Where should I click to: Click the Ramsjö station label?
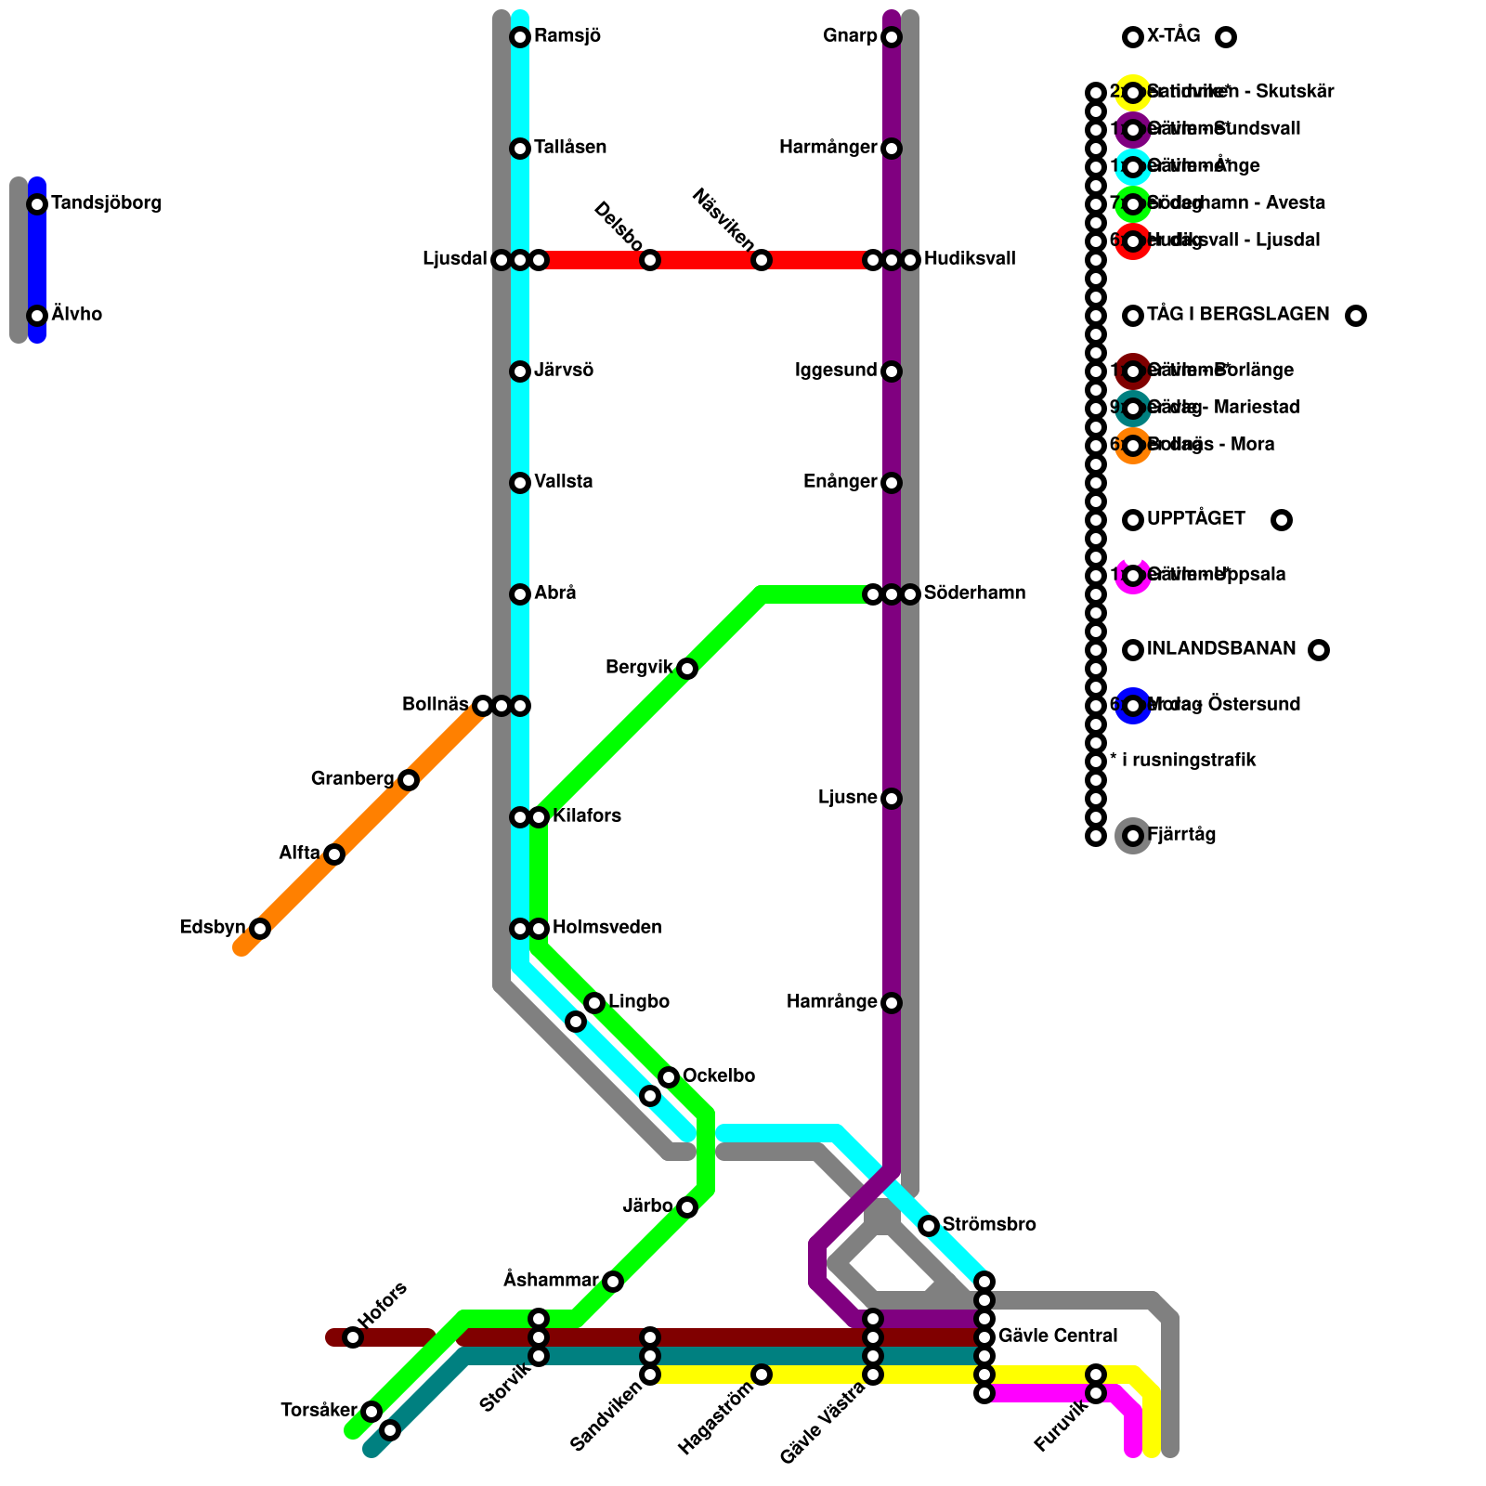(x=567, y=37)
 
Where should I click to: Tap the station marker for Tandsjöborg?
(x=37, y=204)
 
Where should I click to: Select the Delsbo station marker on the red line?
(x=650, y=260)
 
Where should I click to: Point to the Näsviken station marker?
(x=762, y=260)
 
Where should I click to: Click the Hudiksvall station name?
(x=970, y=259)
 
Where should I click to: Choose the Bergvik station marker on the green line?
(x=687, y=669)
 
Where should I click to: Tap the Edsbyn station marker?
(x=260, y=929)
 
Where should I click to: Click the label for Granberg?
(x=352, y=779)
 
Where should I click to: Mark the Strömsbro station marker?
(x=929, y=1226)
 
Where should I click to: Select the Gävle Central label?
(x=1058, y=1336)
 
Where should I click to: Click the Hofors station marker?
(x=353, y=1337)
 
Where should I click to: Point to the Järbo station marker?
(x=687, y=1207)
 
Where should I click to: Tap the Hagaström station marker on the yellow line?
(x=762, y=1375)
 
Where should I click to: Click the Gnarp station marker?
(x=892, y=37)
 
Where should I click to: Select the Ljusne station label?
(x=848, y=798)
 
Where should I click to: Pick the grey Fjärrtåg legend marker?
(x=1133, y=836)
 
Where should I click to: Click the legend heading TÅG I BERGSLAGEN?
(x=1238, y=315)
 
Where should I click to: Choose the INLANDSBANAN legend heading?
(x=1221, y=649)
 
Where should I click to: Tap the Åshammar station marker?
(x=613, y=1282)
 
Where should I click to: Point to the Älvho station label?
(x=77, y=315)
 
